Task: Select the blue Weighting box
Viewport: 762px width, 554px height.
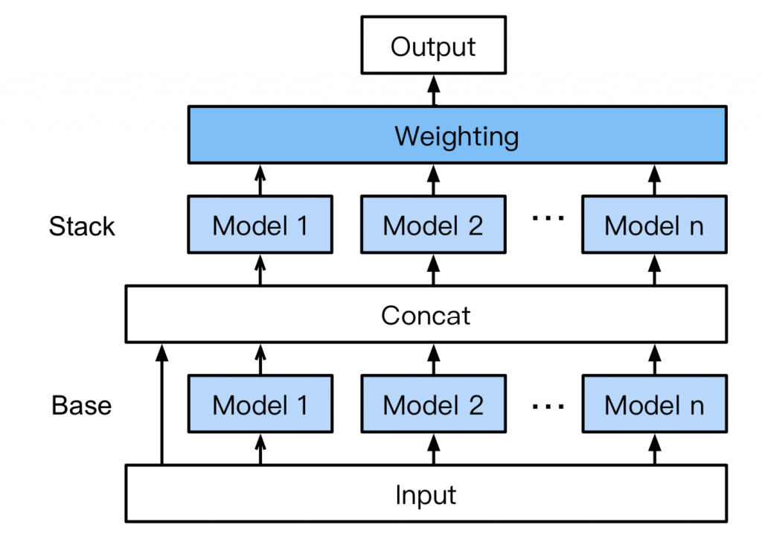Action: click(457, 136)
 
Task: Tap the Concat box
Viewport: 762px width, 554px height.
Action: click(426, 315)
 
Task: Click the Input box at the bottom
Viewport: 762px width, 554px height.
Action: click(426, 494)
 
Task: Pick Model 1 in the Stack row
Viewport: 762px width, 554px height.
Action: click(260, 225)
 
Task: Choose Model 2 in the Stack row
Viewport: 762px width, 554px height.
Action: click(433, 225)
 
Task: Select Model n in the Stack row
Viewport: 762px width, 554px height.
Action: click(653, 225)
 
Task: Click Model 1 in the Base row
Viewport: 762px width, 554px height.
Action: click(260, 405)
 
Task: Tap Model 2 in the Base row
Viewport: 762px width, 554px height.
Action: click(433, 405)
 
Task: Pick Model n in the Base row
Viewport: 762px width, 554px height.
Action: click(653, 405)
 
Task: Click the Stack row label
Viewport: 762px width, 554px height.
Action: click(82, 226)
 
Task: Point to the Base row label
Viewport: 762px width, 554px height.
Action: click(82, 406)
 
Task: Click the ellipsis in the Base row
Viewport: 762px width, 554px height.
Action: click(549, 406)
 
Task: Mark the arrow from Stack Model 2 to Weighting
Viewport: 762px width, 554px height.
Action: click(433, 181)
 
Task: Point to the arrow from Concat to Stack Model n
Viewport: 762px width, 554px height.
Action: click(654, 270)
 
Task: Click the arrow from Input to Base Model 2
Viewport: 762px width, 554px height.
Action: click(433, 450)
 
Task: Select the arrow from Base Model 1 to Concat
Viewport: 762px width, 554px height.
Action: click(260, 360)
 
